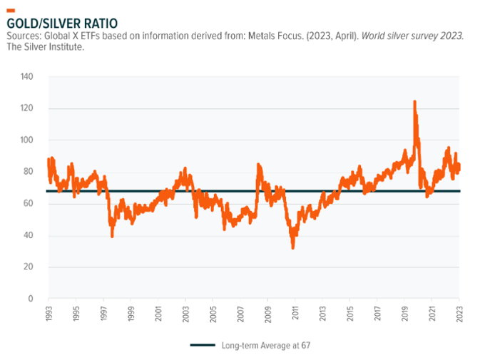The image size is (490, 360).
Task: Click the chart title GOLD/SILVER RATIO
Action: coord(63,22)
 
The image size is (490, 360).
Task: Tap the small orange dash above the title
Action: coord(10,10)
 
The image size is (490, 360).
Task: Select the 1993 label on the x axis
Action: coord(49,314)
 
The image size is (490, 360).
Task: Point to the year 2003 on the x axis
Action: coord(185,314)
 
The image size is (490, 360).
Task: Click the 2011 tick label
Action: coord(295,314)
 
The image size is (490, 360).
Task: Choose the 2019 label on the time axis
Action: coord(404,314)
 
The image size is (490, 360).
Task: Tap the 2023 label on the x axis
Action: coord(459,314)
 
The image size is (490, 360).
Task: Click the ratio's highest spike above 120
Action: coord(414,102)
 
